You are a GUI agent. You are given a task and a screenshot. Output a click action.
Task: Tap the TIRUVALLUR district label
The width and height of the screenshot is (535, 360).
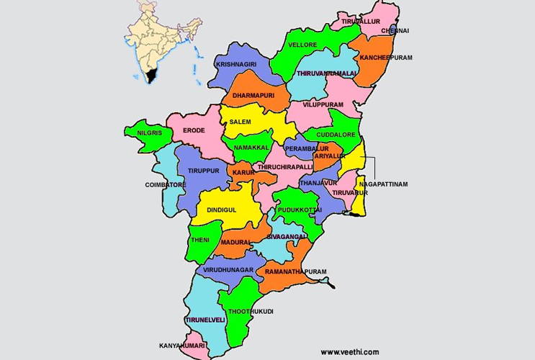[361, 22]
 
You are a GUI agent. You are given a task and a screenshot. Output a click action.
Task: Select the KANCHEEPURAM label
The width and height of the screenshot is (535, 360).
[386, 58]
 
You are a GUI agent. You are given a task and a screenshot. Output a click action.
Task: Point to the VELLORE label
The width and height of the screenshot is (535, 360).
[302, 45]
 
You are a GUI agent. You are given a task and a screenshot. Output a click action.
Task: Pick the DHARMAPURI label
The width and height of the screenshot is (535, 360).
[253, 95]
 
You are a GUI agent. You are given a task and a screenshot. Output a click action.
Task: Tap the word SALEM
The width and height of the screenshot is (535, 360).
[240, 122]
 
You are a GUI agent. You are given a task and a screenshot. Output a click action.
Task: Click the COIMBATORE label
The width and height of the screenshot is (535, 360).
[166, 185]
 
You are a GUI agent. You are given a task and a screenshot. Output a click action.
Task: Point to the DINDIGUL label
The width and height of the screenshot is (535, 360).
[221, 210]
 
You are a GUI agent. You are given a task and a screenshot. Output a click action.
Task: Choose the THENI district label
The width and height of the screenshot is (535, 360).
[199, 240]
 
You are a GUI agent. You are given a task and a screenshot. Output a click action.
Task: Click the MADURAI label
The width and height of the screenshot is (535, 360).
[236, 243]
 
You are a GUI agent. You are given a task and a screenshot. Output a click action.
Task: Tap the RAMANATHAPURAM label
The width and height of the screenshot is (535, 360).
[295, 272]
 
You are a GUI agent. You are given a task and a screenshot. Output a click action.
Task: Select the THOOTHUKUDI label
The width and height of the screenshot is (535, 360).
[251, 312]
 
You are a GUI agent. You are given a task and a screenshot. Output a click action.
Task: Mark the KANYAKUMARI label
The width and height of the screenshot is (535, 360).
[182, 346]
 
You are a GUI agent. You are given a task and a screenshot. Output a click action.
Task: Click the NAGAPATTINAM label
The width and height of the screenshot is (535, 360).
[383, 184]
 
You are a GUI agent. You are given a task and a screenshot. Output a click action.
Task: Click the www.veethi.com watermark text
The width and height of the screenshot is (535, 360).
[349, 352]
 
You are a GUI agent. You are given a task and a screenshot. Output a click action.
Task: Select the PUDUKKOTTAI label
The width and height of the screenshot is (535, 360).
[305, 210]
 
